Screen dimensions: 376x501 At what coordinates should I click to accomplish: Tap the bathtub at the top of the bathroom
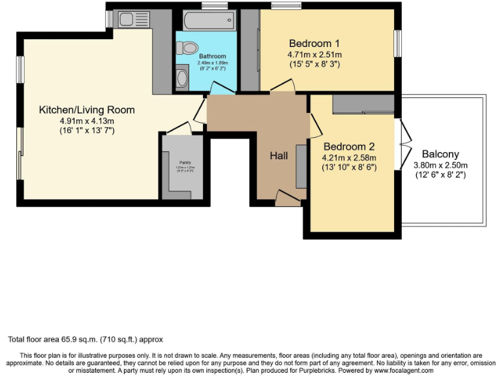click(x=208, y=21)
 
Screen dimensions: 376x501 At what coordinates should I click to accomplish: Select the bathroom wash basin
click(x=182, y=78)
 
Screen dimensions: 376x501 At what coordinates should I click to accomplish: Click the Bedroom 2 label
click(x=348, y=146)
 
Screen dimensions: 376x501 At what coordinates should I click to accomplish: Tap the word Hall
click(x=279, y=155)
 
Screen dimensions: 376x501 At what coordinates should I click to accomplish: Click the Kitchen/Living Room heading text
click(x=87, y=110)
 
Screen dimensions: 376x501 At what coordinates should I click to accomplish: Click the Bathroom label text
click(x=213, y=57)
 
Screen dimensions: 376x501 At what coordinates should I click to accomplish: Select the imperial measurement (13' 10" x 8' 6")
click(x=349, y=167)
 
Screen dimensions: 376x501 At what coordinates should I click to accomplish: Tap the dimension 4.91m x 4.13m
click(x=87, y=121)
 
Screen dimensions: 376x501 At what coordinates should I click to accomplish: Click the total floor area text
click(x=85, y=339)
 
